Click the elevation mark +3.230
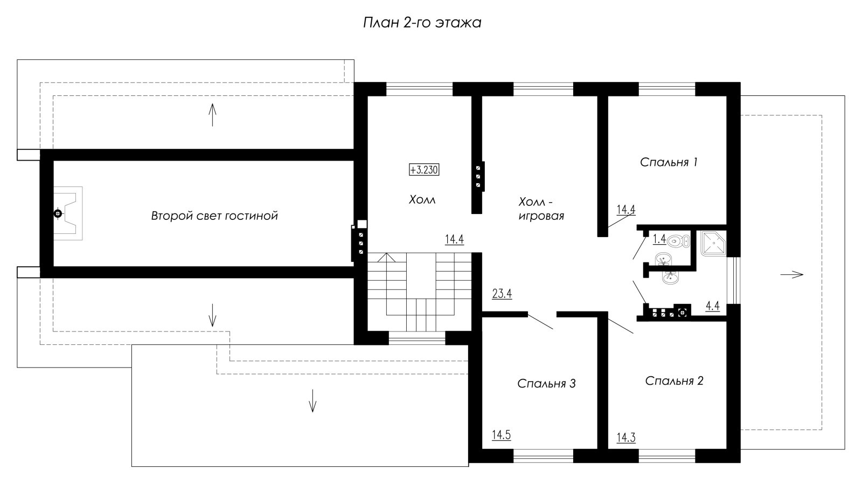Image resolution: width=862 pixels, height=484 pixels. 424,170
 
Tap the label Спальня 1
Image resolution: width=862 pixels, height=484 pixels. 669,162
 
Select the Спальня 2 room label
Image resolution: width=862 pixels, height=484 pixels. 674,381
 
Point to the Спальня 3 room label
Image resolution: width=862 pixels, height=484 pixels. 546,384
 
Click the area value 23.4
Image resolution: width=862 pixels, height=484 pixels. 502,294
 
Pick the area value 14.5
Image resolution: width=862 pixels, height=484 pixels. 502,435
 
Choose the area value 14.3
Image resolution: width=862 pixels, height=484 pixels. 626,438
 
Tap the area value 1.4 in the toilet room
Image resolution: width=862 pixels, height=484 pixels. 659,239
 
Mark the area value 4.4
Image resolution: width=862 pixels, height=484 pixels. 713,306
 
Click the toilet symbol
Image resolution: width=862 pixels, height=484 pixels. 678,241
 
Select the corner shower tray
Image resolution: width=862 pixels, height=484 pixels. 713,244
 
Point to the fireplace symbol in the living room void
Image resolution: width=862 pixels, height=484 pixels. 68,213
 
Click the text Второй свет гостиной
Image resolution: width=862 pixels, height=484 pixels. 214,216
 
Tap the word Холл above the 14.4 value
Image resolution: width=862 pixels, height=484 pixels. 422,200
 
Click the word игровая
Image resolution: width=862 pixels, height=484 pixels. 541,216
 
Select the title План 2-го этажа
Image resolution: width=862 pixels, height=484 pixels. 422,23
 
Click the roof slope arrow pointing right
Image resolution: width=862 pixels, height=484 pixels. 791,274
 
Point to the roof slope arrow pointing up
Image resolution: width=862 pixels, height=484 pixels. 212,114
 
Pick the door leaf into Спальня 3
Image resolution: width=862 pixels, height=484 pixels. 540,322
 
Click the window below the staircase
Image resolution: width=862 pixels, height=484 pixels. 417,338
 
